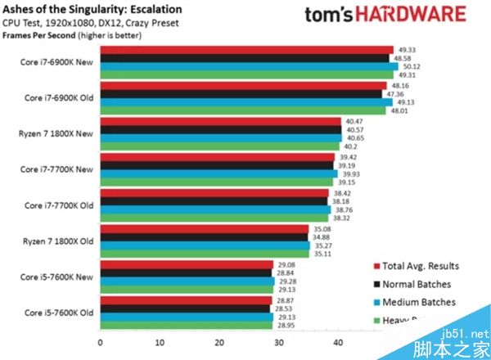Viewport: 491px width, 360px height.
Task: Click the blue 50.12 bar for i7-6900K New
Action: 245,66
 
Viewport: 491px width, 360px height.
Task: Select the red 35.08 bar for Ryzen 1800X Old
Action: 205,229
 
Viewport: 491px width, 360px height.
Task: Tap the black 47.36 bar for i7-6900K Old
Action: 241,94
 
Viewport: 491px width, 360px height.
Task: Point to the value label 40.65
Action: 354,137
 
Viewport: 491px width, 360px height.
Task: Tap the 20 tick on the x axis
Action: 218,343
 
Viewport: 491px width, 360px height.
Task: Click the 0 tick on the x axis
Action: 100,343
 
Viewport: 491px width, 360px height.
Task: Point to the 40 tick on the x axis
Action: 337,343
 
